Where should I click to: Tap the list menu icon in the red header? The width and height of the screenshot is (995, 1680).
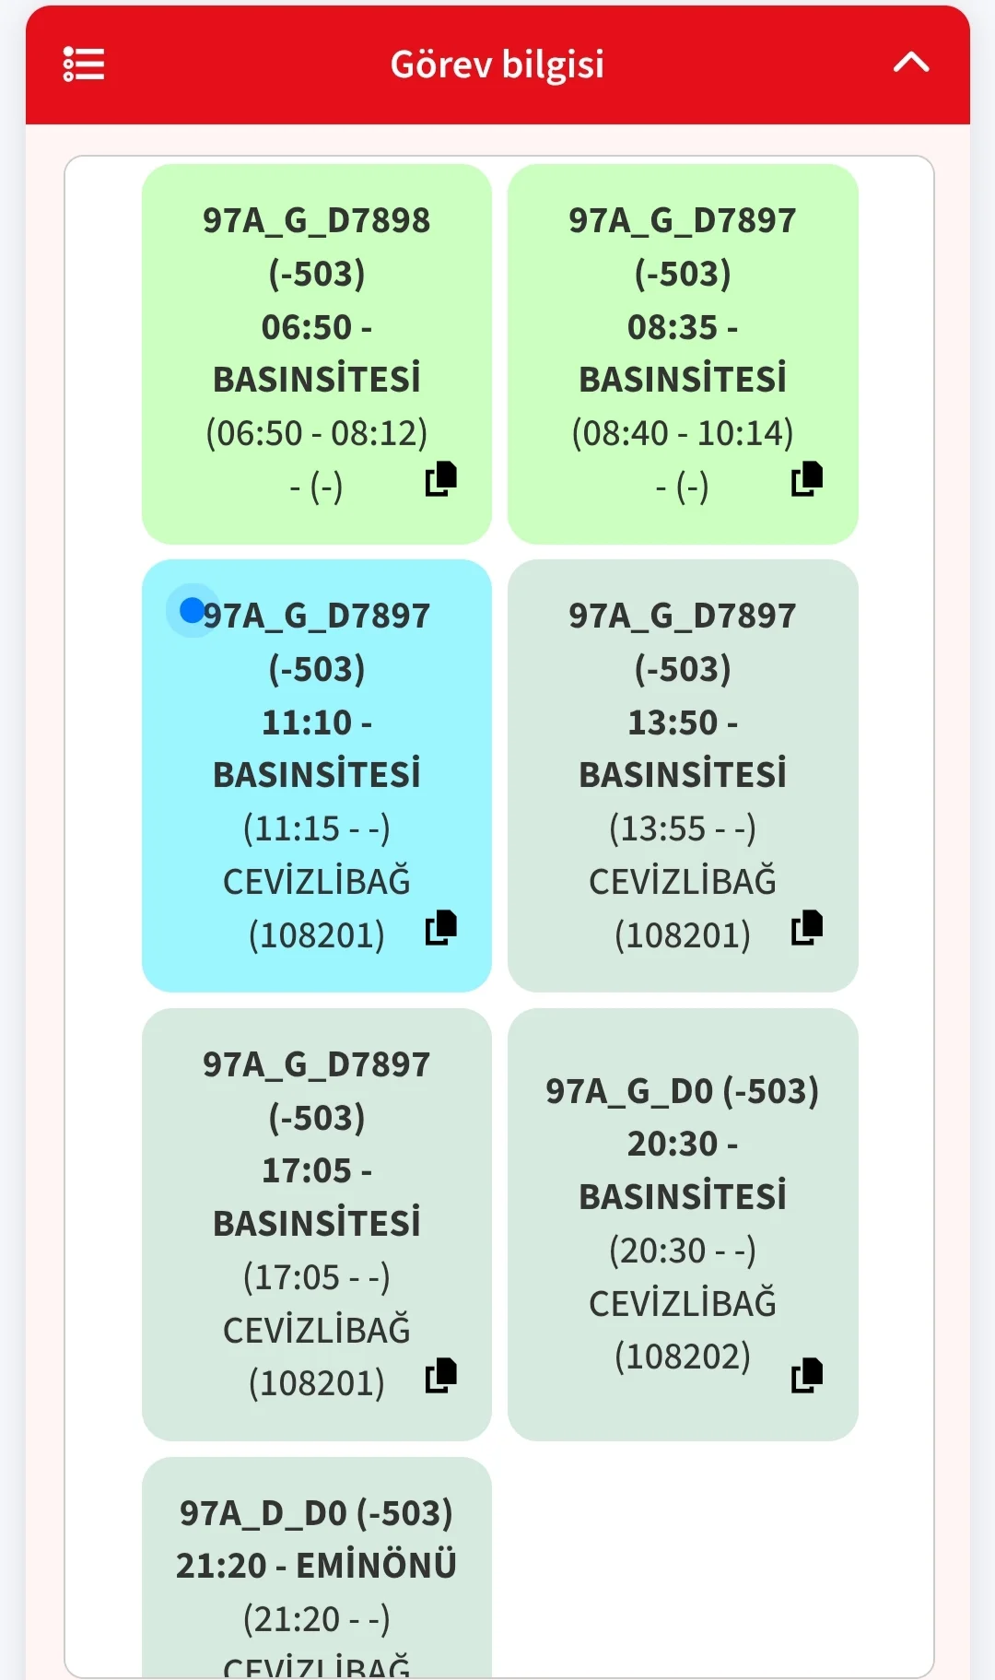click(83, 65)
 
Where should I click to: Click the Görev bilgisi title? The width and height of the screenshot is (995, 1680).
click(497, 65)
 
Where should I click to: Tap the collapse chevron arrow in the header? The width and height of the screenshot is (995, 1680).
click(910, 63)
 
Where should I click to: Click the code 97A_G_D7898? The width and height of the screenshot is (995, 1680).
click(316, 220)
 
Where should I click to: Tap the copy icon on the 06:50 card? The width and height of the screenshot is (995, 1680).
click(441, 479)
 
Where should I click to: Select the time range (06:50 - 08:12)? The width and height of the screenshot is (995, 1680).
click(316, 433)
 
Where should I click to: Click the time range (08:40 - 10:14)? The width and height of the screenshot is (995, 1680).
click(682, 433)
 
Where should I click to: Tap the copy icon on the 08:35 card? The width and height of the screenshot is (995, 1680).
click(807, 479)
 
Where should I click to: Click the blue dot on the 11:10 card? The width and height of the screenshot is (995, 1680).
click(192, 610)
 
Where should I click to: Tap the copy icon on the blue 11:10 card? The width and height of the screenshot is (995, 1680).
click(441, 928)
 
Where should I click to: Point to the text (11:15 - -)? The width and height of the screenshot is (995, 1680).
click(316, 828)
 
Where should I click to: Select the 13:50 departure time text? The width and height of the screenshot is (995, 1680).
click(682, 723)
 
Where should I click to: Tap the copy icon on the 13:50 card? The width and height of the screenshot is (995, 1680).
click(807, 928)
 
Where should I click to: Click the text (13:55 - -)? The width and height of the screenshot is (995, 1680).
click(682, 828)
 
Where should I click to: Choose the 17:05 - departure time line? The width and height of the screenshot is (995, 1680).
click(316, 1170)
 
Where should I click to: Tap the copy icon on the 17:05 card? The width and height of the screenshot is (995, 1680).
click(441, 1376)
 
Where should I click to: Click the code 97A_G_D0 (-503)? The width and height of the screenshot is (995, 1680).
click(682, 1091)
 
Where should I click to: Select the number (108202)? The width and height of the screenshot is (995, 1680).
click(682, 1357)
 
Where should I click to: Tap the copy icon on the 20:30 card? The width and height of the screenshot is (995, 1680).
click(807, 1376)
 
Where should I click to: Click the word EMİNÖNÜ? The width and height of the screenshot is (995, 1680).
click(376, 1566)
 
